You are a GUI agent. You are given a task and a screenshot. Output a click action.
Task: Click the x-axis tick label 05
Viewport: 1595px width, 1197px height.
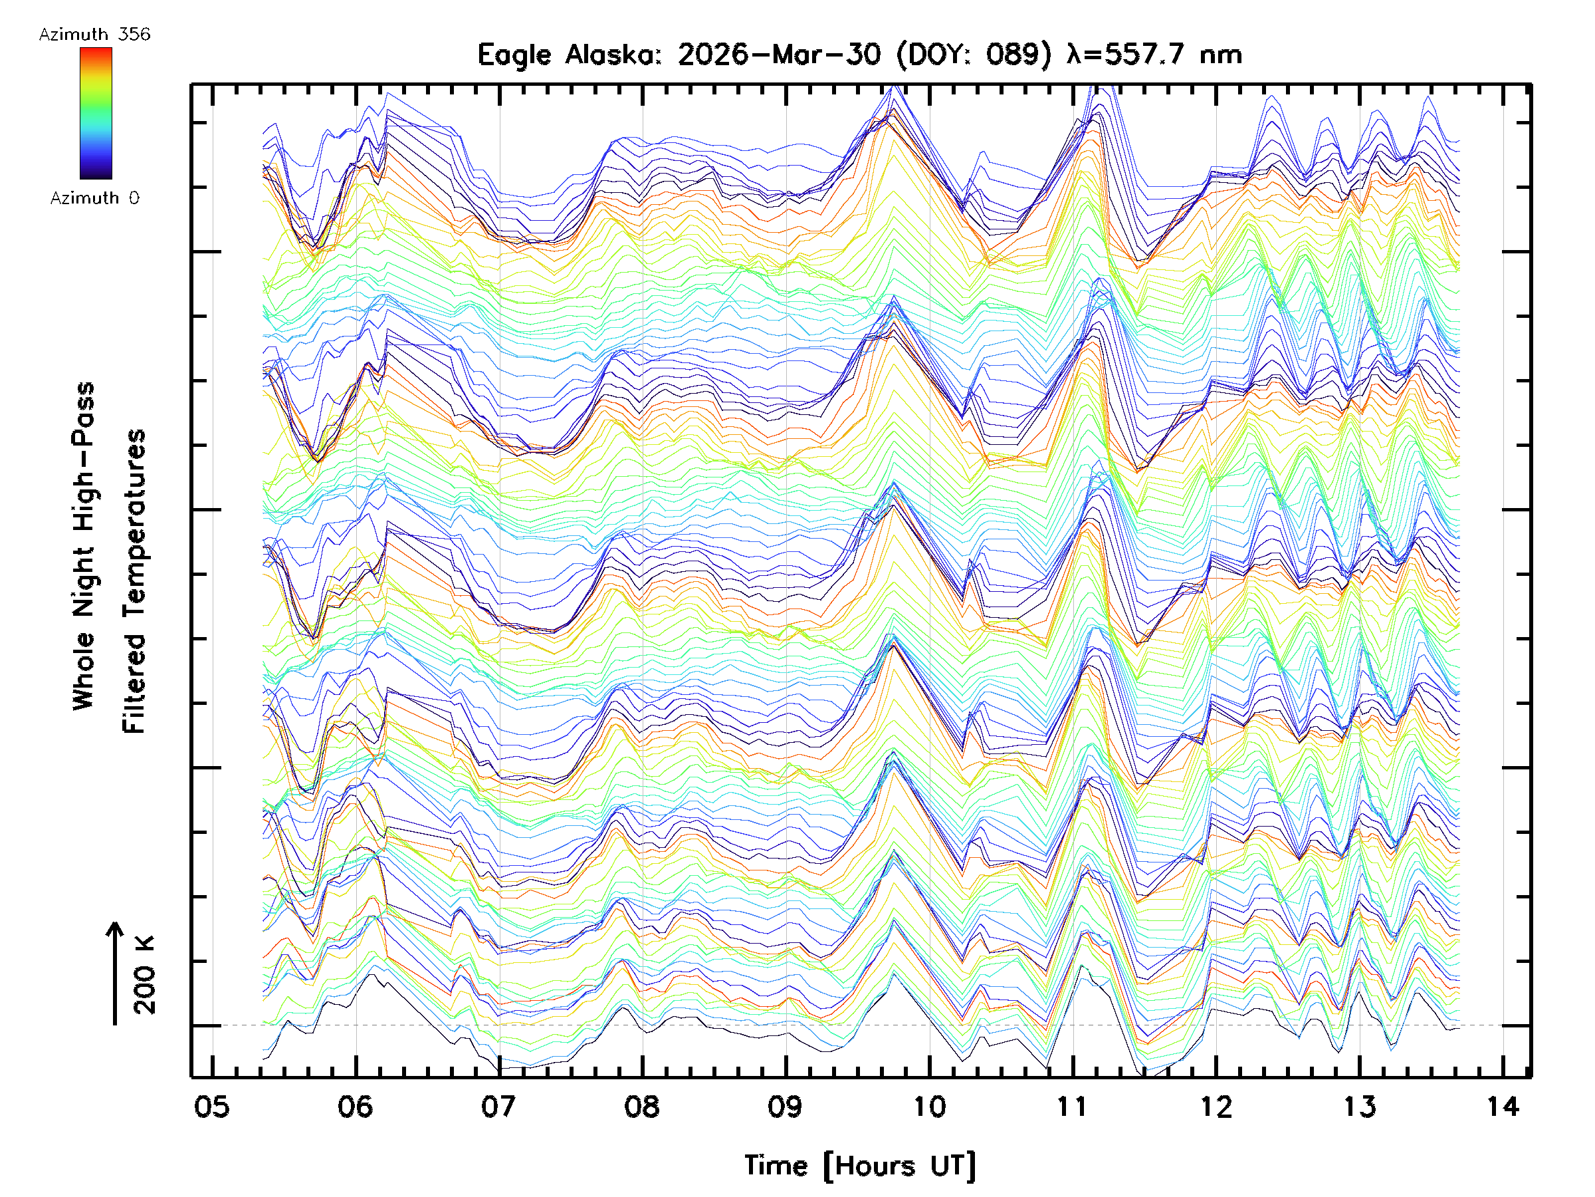click(212, 1106)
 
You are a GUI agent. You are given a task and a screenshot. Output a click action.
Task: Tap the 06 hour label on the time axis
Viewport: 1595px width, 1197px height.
click(356, 1106)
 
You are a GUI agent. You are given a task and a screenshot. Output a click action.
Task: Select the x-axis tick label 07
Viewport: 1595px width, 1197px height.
click(499, 1106)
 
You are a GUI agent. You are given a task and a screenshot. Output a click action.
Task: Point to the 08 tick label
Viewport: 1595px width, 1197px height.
click(642, 1106)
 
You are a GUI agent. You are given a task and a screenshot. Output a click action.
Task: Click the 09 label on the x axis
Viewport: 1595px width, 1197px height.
click(786, 1106)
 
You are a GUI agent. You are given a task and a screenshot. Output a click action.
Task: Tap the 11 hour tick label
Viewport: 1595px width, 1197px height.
click(1072, 1106)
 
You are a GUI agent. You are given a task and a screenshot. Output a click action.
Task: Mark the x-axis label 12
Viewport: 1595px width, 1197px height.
click(1216, 1106)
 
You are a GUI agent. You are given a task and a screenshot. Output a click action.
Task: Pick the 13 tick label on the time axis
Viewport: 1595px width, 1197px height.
click(1360, 1106)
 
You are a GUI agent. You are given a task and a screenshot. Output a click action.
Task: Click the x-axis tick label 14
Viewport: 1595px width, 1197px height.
click(1503, 1106)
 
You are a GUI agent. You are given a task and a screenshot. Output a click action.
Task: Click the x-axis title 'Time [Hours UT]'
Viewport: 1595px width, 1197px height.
click(860, 1166)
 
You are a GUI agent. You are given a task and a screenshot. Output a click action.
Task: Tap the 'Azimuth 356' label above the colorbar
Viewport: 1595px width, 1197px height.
click(94, 35)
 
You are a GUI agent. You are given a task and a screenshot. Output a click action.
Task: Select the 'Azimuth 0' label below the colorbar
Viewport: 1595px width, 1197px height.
click(94, 198)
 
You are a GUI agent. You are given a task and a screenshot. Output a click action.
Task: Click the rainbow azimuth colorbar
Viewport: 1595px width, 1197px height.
click(96, 113)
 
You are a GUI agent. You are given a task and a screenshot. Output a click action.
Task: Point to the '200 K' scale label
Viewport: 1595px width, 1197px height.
click(144, 975)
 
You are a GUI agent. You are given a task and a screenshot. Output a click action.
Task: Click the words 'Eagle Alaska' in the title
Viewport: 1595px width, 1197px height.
click(569, 55)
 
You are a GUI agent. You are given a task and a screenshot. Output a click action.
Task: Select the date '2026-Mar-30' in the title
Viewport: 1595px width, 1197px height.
click(780, 55)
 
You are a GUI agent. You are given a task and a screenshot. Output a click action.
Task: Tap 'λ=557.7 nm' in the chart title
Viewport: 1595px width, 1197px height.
click(1154, 55)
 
